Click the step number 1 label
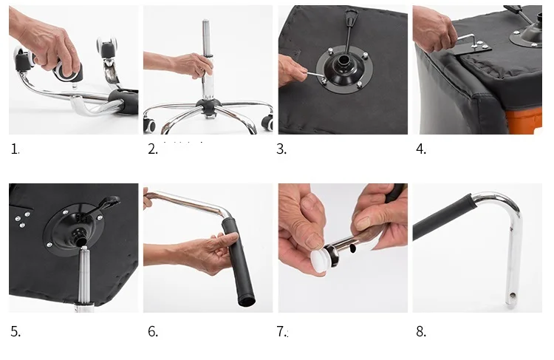15,149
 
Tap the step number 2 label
153,149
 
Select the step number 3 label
281,149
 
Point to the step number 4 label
421,149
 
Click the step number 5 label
16,331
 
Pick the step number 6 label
153,331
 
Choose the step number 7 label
281,331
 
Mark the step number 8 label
421,331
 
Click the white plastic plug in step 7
320,260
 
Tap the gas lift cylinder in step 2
207,60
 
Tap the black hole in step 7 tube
352,249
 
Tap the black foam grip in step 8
442,217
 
